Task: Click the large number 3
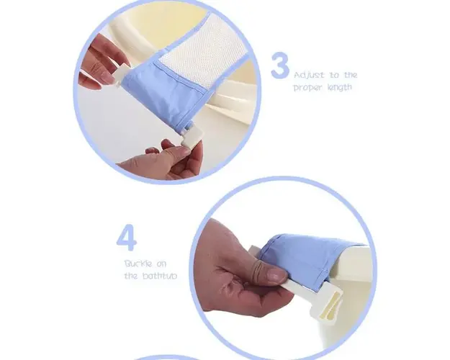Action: click(x=280, y=66)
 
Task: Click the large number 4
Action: click(x=127, y=238)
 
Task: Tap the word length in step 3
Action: click(x=340, y=87)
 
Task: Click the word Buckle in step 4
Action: click(x=138, y=264)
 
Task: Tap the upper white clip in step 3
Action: click(x=118, y=76)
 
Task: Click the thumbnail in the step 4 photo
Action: click(x=276, y=274)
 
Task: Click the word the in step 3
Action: click(x=351, y=75)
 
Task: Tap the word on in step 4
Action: click(x=161, y=264)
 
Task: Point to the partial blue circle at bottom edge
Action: click(x=166, y=358)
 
